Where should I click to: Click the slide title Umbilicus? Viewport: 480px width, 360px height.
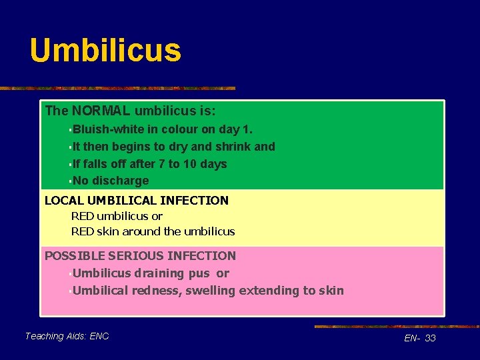(105, 51)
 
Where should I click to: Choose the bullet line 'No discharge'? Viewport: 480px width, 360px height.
(111, 181)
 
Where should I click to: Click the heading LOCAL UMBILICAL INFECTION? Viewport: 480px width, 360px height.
(136, 200)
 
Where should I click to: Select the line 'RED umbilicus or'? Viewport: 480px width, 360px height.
(117, 216)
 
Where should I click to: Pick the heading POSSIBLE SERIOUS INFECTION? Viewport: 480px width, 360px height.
(140, 255)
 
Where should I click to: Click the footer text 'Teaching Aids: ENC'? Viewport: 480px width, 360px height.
(67, 336)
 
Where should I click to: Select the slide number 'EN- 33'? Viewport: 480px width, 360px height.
(420, 338)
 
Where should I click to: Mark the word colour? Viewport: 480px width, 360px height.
(180, 129)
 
